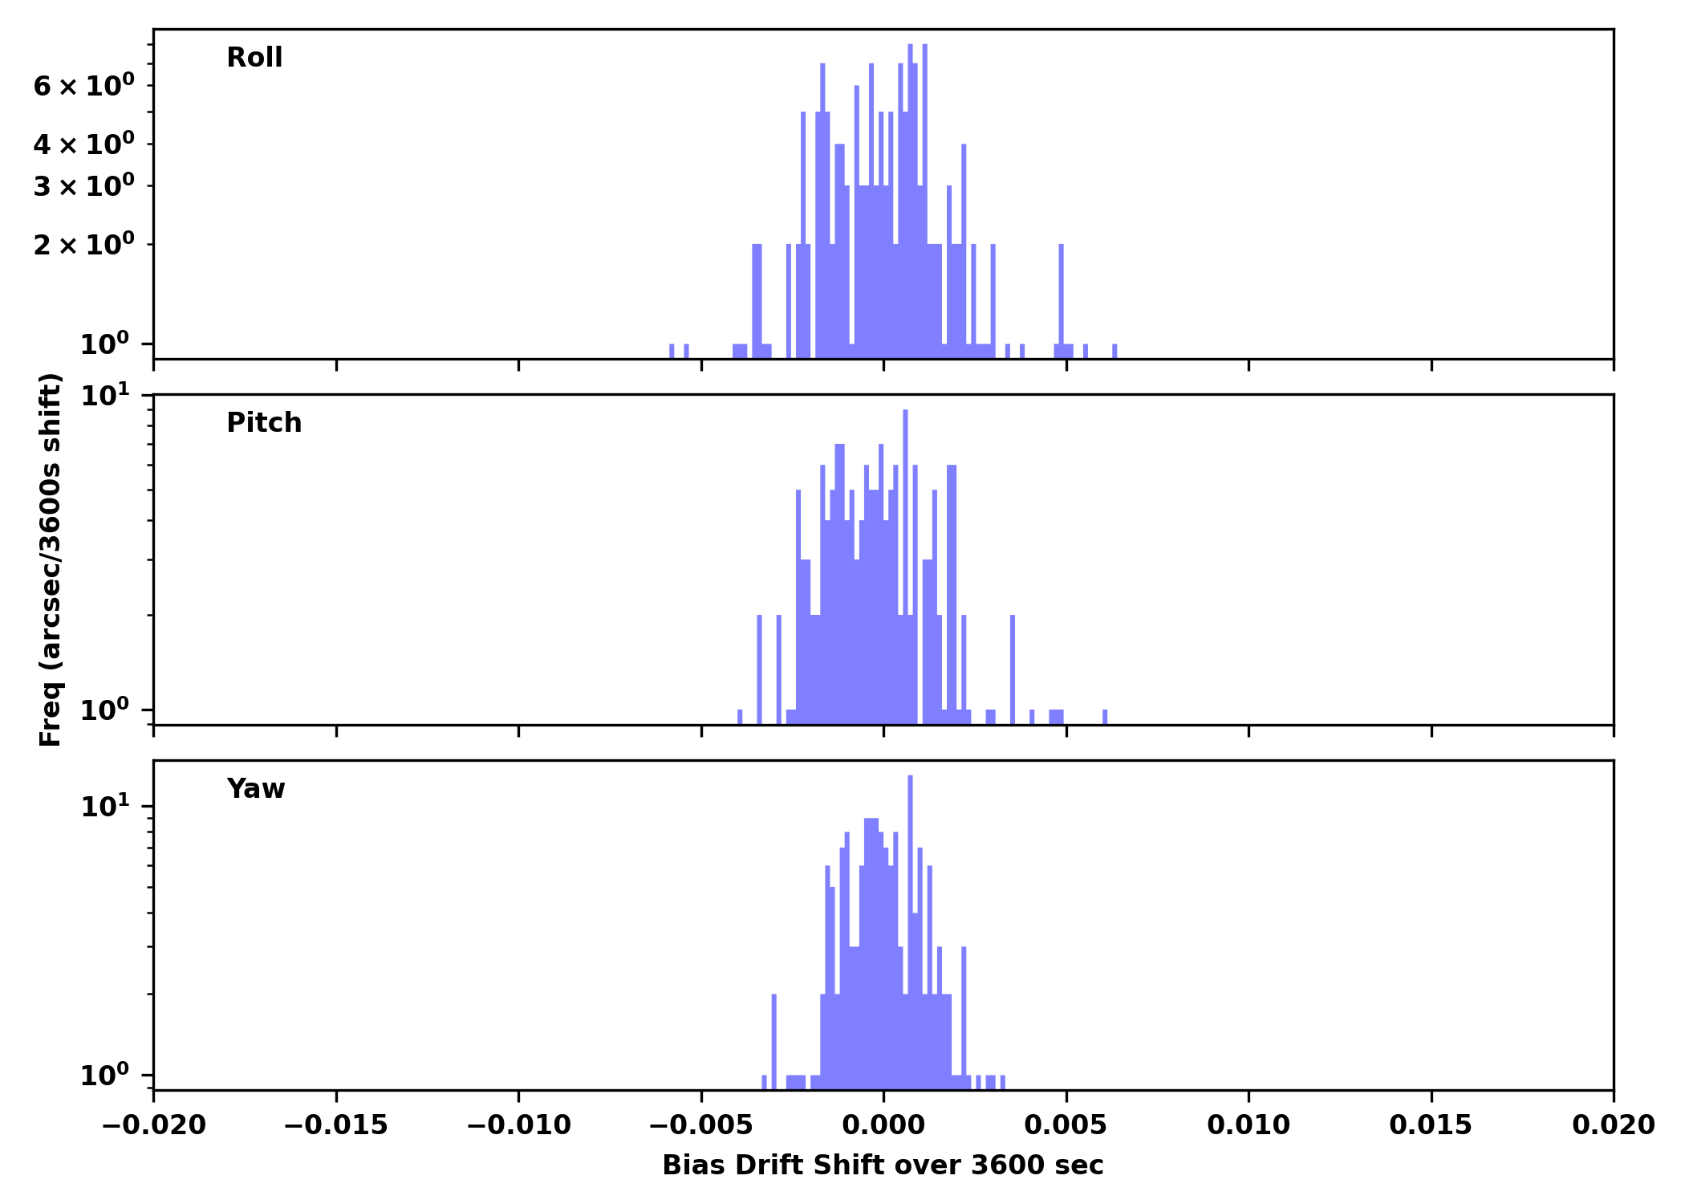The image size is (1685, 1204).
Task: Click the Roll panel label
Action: click(x=254, y=58)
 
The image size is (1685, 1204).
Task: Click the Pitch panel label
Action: click(x=264, y=423)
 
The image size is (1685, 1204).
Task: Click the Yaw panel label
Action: click(x=256, y=789)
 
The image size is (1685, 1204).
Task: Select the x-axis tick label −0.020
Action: click(x=153, y=1125)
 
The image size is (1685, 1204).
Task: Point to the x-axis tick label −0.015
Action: click(x=335, y=1125)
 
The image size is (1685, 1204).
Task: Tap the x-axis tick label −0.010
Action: click(x=518, y=1125)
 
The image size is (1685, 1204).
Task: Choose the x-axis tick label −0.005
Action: click(x=700, y=1125)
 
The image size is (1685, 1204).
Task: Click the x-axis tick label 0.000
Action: click(x=883, y=1125)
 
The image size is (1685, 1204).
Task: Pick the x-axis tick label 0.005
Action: click(x=1066, y=1125)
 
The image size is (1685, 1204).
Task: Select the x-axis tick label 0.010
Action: click(x=1249, y=1125)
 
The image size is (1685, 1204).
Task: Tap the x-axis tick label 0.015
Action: click(x=1431, y=1125)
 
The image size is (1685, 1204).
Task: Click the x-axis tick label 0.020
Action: click(x=1614, y=1125)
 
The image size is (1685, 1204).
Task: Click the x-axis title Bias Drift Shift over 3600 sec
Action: click(x=883, y=1165)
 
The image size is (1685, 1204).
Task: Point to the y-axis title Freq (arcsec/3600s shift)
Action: click(x=51, y=559)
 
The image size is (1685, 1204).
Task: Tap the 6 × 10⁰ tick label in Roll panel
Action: click(x=83, y=85)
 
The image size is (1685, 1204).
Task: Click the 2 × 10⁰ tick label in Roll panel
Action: click(x=83, y=244)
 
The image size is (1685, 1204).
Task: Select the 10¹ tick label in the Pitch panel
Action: click(x=104, y=395)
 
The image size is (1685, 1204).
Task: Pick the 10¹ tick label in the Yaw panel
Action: click(x=104, y=807)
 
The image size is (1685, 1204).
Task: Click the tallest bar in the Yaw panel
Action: click(x=910, y=923)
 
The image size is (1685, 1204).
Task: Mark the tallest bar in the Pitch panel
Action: click(x=905, y=562)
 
